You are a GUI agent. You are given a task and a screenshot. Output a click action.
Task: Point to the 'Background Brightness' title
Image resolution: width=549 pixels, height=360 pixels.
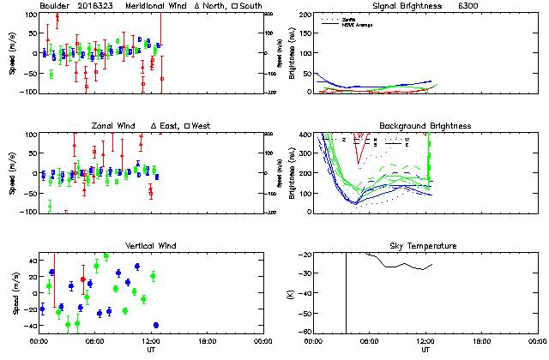(x=425, y=126)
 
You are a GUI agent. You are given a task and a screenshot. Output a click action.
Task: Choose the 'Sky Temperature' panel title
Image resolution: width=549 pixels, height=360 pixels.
(x=425, y=246)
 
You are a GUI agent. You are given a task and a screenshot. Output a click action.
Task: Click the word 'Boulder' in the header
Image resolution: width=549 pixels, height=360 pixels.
(x=54, y=6)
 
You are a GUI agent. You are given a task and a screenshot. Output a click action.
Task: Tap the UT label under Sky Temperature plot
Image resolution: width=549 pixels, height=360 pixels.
(x=425, y=350)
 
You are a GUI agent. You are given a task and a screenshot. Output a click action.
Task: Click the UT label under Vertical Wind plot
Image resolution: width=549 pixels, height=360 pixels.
(x=150, y=350)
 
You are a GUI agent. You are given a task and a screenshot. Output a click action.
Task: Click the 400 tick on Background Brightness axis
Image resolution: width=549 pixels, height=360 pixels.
(x=304, y=135)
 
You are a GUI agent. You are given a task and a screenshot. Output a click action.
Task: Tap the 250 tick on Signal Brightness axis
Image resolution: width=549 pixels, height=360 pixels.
(x=304, y=15)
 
